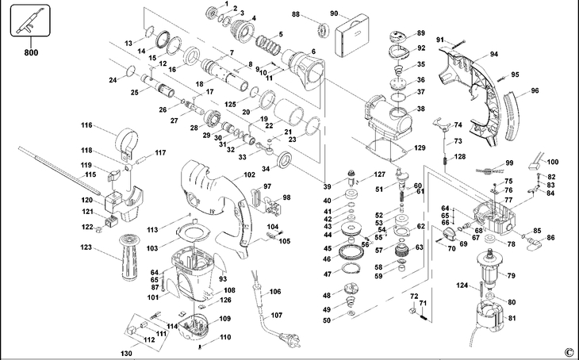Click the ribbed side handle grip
point(125,255)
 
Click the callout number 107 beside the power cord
point(275,316)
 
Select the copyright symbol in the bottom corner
point(568,351)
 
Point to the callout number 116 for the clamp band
point(86,125)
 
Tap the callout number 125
point(230,105)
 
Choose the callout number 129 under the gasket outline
point(420,148)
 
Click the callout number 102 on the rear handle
point(249,174)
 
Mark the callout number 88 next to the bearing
point(295,14)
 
